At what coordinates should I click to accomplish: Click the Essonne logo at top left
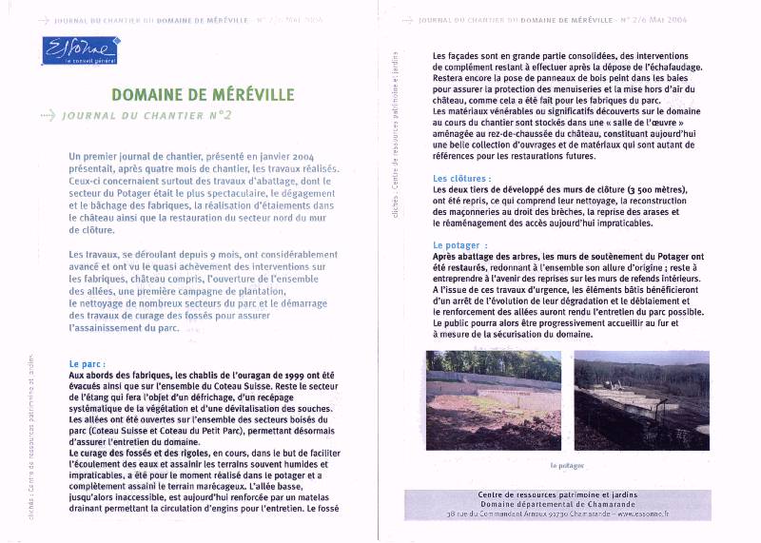pos(80,50)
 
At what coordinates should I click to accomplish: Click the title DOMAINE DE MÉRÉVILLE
pos(203,95)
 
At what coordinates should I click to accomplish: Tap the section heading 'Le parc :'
pos(88,364)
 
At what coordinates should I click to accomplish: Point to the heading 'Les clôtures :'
pos(461,178)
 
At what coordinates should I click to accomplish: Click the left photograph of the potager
pos(494,400)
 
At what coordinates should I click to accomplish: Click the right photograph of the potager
pos(641,400)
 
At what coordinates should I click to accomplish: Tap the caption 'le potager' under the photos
pos(567,466)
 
